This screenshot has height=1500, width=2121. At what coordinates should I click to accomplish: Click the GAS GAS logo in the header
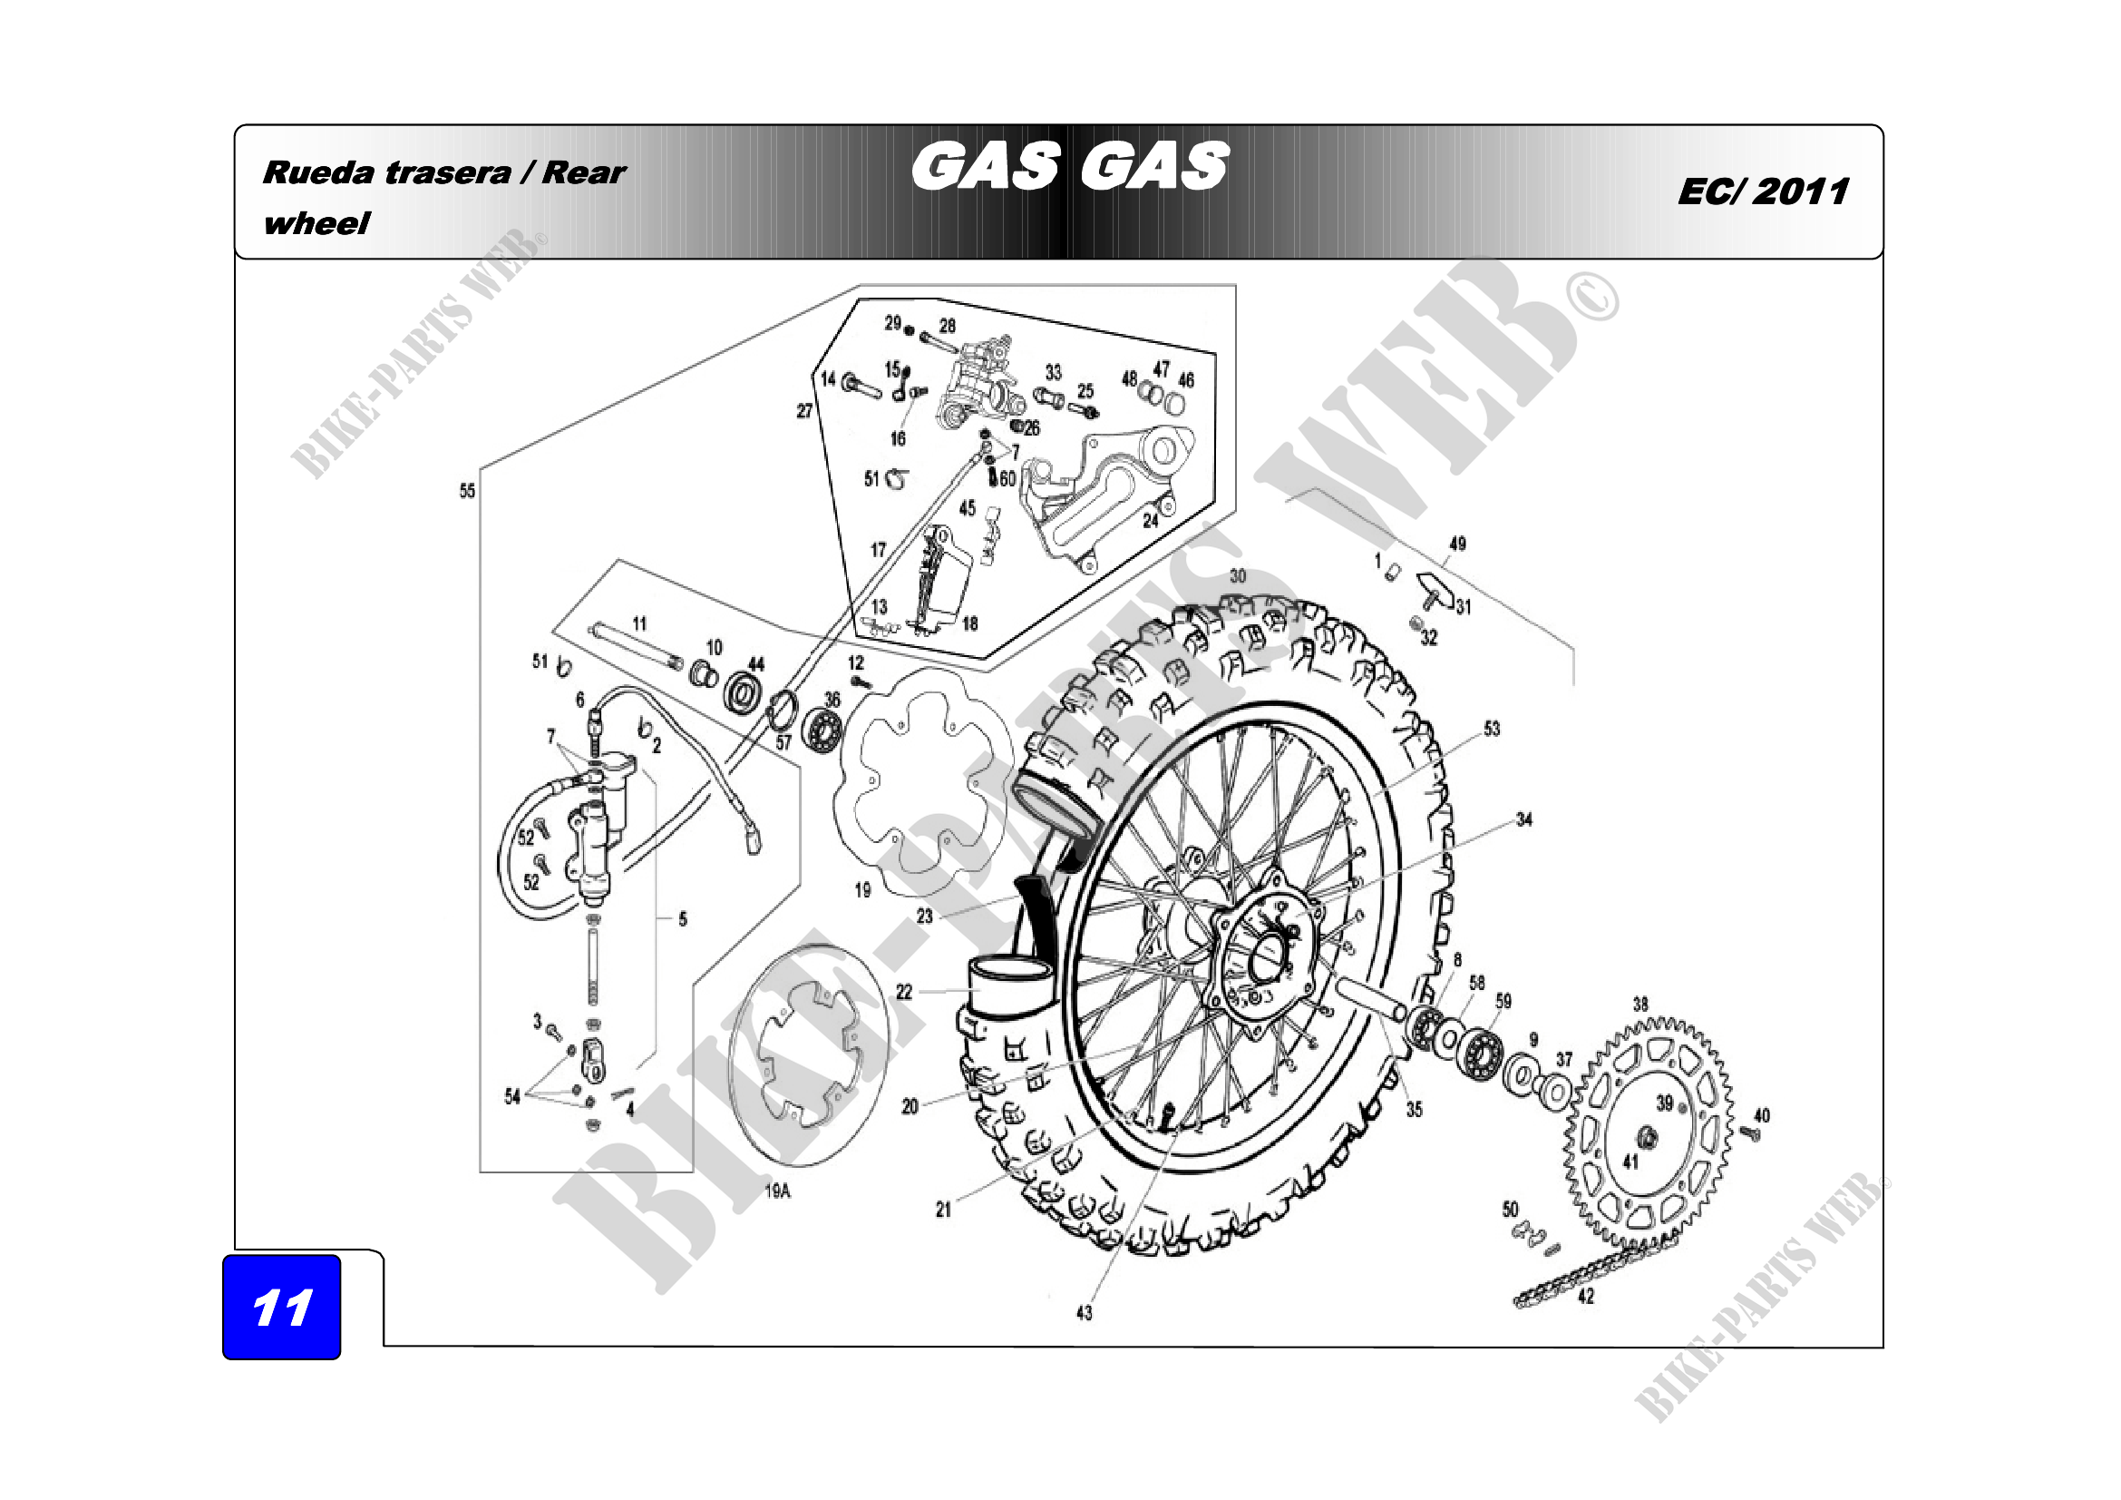1069,166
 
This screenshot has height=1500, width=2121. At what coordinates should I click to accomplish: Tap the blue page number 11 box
282,1307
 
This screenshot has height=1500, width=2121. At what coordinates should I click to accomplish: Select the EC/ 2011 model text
1763,192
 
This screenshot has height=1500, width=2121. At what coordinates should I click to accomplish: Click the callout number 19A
778,1191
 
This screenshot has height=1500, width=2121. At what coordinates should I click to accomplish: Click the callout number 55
467,491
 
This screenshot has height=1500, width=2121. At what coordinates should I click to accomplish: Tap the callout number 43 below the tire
1085,1312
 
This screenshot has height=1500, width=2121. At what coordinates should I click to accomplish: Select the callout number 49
1458,544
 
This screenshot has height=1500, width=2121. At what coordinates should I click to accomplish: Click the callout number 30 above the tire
1238,576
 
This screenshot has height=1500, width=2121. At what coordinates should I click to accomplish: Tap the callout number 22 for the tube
903,992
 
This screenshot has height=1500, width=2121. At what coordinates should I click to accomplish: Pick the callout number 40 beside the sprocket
1762,1115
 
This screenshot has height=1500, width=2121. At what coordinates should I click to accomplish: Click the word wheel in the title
316,223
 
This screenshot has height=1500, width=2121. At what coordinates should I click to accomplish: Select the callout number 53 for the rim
1492,729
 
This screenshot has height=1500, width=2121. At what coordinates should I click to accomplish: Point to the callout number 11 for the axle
639,623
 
